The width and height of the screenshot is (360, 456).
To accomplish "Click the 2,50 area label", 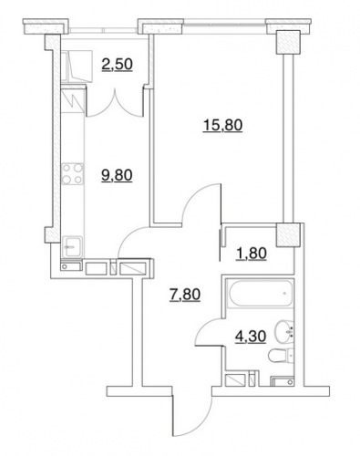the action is tap(118, 64).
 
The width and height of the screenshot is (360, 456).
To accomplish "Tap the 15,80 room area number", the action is tap(222, 125).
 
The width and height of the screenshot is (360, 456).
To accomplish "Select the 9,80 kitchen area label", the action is tap(117, 175).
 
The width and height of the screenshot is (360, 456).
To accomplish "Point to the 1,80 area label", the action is tap(252, 253).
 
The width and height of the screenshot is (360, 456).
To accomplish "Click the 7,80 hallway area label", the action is tap(185, 295).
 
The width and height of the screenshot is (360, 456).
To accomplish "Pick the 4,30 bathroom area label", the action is tap(251, 337).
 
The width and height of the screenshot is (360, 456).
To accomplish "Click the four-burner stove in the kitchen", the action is tap(73, 174).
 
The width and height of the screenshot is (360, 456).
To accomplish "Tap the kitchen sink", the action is tap(72, 246).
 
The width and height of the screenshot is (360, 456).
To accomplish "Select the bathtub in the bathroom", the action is tap(262, 294).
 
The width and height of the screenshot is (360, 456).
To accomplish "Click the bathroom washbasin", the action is tap(284, 331).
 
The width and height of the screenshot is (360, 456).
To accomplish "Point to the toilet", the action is tap(281, 355).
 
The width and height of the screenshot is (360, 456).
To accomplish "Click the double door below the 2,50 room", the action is tap(115, 103).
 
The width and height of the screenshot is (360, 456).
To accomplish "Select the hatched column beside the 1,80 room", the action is tap(288, 234).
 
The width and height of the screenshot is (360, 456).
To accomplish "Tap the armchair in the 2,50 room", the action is tap(77, 66).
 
